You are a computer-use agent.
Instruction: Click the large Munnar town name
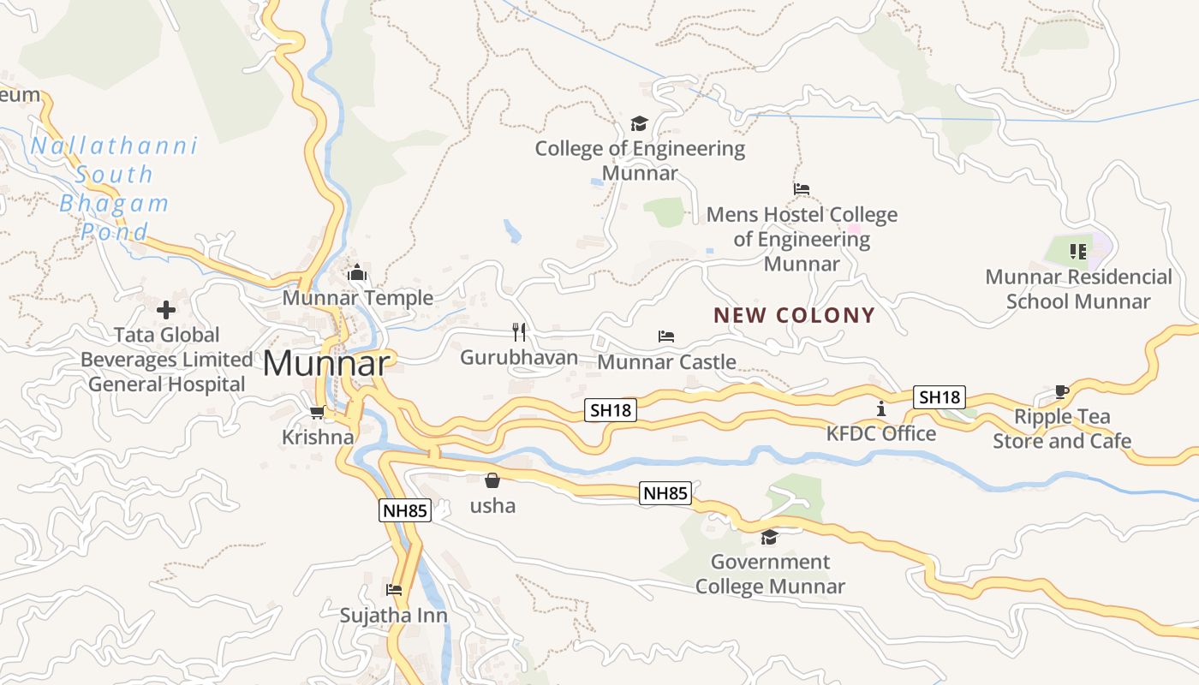[326, 364]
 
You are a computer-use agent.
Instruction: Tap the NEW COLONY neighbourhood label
[794, 315]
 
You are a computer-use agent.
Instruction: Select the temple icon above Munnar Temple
[357, 273]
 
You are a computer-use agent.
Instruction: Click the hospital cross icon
[166, 309]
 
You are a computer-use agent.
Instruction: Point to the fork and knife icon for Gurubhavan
[519, 331]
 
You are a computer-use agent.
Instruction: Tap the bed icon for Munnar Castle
[666, 337]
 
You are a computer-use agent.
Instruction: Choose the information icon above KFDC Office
[880, 408]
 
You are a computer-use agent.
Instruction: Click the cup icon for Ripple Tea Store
[1062, 392]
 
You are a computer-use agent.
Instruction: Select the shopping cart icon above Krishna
[317, 413]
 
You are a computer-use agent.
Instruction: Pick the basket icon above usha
[492, 480]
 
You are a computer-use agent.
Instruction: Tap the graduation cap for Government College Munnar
[769, 537]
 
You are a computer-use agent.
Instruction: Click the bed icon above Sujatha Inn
[394, 590]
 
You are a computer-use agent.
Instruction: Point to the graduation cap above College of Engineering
[639, 123]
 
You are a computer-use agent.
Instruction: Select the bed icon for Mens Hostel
[802, 189]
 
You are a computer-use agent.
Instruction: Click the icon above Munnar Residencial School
[1077, 252]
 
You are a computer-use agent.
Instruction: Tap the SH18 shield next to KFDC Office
[940, 397]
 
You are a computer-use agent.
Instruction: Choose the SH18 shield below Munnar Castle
[611, 410]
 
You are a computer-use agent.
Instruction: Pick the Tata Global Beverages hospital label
[167, 360]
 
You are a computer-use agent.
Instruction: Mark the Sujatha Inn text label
[393, 616]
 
